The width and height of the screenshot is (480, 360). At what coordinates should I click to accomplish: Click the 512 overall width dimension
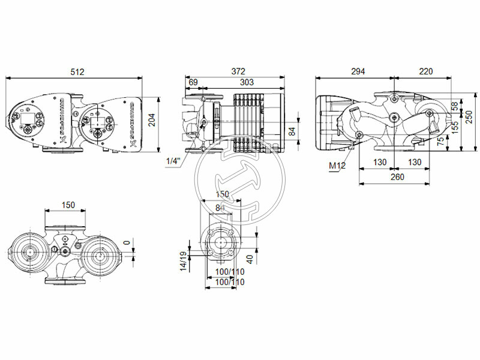click(77, 71)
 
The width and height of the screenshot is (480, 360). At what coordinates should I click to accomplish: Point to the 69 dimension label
click(193, 82)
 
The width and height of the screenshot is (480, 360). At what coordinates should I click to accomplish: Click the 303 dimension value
click(247, 82)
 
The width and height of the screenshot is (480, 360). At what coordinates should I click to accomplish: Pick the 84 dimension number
click(292, 130)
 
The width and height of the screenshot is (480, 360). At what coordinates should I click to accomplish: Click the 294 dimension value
click(358, 71)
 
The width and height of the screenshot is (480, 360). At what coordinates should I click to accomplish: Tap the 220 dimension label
click(425, 71)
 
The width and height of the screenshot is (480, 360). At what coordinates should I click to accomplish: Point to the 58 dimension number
click(454, 105)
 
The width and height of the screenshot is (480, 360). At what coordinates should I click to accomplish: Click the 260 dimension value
click(396, 177)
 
